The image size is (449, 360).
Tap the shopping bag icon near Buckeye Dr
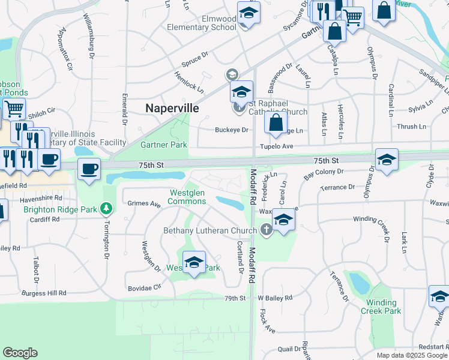275,122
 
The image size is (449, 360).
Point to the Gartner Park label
163,145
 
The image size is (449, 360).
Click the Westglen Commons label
188,197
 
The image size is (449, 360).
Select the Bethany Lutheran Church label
210,230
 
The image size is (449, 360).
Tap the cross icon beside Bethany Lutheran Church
267,229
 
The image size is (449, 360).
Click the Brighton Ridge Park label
60,209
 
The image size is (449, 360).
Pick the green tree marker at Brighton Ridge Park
107,208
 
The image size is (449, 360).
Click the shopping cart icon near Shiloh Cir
13,109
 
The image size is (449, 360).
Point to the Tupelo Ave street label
276,146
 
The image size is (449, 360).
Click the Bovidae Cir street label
145,288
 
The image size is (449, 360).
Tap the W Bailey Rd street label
275,298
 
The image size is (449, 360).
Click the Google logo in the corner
20,353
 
